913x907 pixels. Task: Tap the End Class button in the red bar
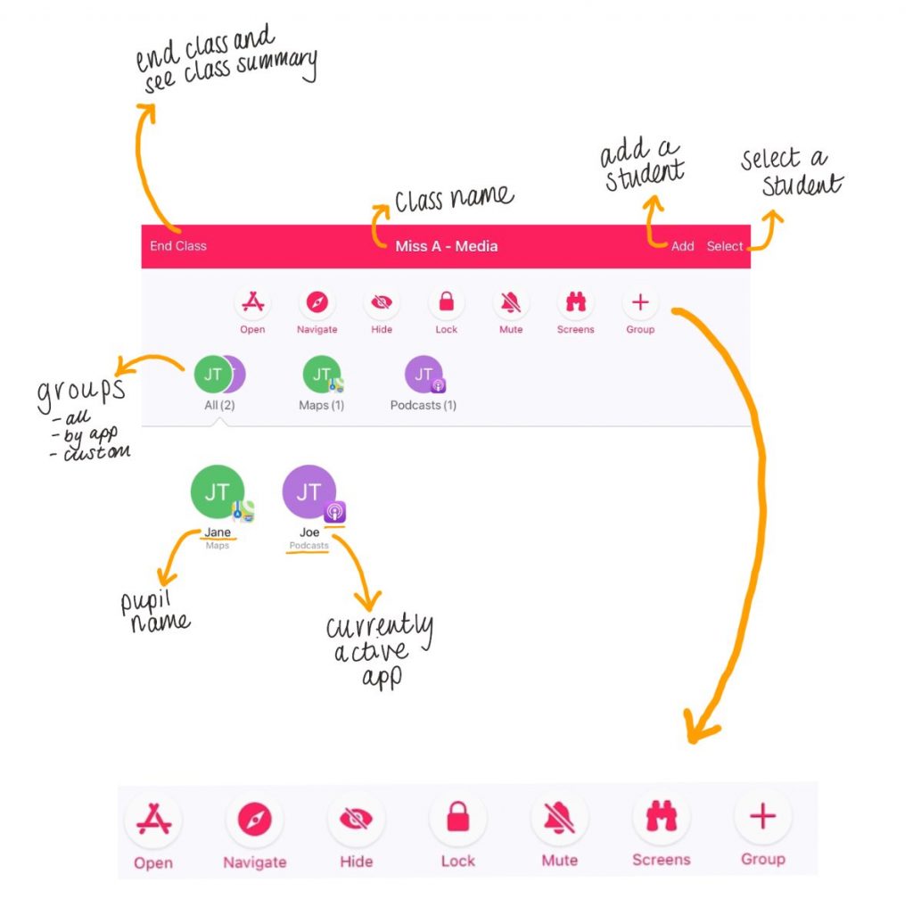pos(178,246)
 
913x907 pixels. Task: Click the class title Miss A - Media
pos(446,246)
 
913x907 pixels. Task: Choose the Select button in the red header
pos(724,246)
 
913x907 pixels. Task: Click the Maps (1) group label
pos(321,405)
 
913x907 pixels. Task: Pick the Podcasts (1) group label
pos(424,405)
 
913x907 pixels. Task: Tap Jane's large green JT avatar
pos(218,491)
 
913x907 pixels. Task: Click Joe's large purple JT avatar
pos(308,491)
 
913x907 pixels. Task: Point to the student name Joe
pos(309,532)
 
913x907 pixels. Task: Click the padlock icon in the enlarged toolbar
pos(457,818)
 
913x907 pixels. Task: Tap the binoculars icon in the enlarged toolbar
pos(661,817)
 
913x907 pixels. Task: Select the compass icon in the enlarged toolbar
pos(254,819)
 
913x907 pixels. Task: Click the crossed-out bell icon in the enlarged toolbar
pos(559,818)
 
